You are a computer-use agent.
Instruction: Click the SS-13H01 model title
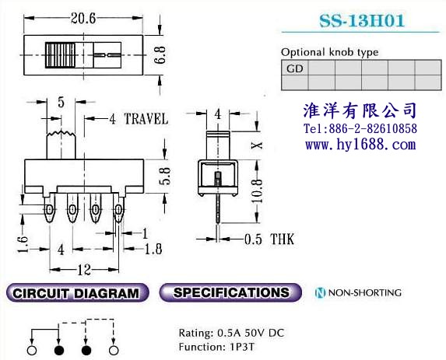tap(361, 20)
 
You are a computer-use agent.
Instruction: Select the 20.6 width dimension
tap(83, 19)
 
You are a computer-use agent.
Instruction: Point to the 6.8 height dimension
tap(160, 54)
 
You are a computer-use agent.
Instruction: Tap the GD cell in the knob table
tap(295, 68)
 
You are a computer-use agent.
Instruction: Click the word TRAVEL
tap(146, 119)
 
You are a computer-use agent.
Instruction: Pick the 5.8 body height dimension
tap(166, 177)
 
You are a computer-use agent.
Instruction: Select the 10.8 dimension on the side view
tap(257, 191)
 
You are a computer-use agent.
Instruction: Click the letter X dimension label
tap(257, 145)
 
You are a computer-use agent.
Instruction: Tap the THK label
tap(283, 239)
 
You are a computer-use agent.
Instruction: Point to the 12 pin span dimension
tap(84, 269)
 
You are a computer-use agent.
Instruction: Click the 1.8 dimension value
tap(153, 249)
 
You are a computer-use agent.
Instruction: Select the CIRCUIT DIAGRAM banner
tap(77, 292)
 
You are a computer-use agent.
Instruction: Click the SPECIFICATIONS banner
tap(230, 292)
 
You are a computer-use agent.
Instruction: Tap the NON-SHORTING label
tap(358, 292)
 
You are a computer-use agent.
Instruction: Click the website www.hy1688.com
tap(360, 145)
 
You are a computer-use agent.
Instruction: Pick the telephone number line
tap(360, 128)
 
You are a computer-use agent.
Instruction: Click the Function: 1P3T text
tap(216, 347)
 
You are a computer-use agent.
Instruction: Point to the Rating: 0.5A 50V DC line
tap(231, 333)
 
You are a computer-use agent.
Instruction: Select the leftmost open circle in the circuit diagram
tap(32, 351)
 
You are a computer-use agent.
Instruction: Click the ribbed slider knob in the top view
tap(60, 55)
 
